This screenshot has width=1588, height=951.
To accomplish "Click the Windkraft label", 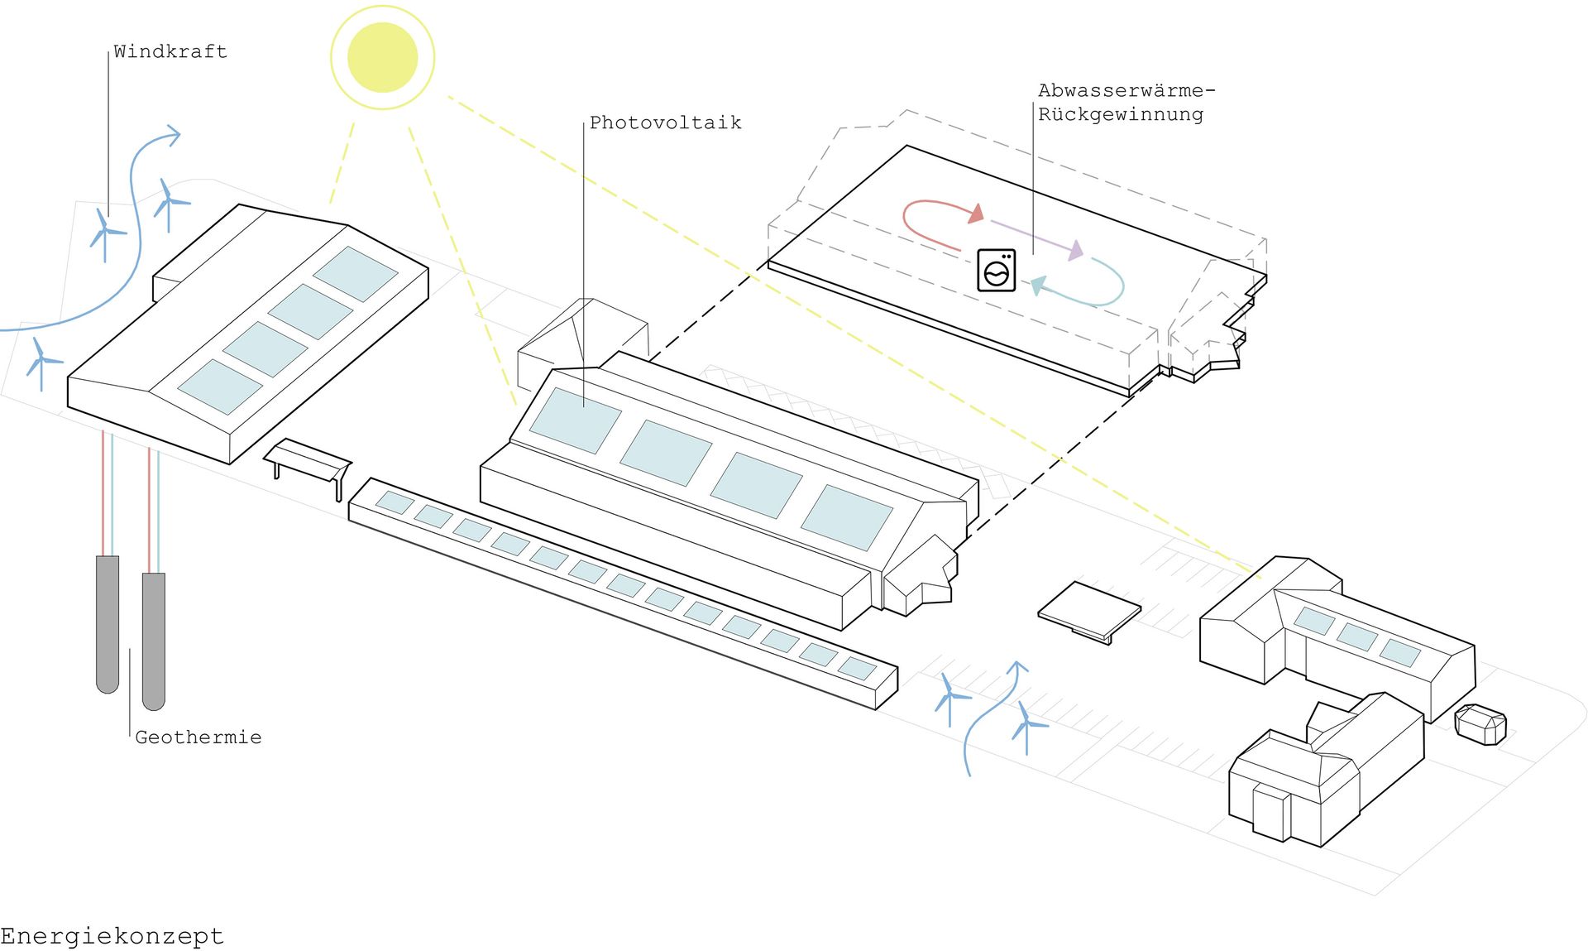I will [x=170, y=51].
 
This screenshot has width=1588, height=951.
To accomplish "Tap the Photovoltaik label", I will [x=665, y=122].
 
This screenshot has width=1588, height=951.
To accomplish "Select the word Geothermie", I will [x=198, y=737].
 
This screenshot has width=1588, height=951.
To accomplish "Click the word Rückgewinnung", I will [x=1120, y=114].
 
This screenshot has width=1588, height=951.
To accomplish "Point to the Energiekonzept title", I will [x=112, y=936].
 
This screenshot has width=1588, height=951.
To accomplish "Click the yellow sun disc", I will [x=382, y=57].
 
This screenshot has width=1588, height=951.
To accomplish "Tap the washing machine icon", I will [x=996, y=270].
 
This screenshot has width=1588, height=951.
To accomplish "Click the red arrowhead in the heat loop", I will [x=977, y=214].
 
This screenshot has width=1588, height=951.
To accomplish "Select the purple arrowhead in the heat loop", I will [x=1075, y=250].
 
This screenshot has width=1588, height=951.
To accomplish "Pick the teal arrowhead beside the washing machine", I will [x=1036, y=286].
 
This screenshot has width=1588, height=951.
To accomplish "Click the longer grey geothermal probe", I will [x=154, y=641].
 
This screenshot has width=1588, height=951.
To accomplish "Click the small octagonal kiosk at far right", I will [x=1480, y=724].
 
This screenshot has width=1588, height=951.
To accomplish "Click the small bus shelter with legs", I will [x=308, y=461].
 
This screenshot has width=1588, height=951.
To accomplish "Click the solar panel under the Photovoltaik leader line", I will [x=575, y=420].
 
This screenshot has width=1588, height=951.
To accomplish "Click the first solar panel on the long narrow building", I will [x=395, y=502].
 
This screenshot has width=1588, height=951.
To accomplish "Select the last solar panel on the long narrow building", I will [x=857, y=668].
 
